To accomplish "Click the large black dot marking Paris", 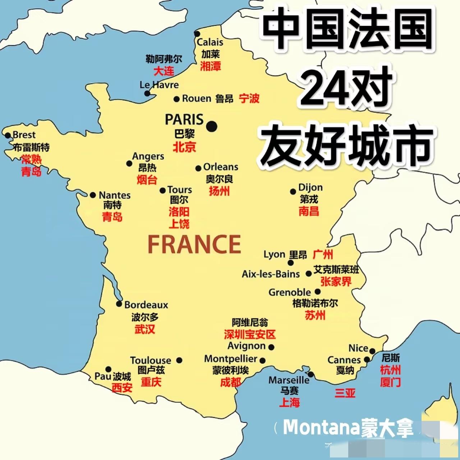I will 212,126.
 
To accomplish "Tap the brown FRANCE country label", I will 194,245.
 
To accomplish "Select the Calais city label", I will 210,42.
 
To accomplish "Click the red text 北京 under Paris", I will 184,147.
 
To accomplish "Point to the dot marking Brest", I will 8,135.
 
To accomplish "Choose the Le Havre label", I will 159,85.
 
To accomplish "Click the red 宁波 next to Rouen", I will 249,98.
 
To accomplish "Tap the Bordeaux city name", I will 146,305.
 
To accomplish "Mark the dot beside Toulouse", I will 179,360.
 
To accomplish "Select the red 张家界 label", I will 336,282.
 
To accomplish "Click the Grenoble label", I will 289,292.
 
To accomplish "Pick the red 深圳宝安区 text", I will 249,334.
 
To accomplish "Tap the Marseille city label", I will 289,380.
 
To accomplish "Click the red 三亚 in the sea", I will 345,393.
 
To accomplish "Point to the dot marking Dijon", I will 293,192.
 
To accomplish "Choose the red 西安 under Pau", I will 122,388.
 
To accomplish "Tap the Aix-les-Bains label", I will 271,274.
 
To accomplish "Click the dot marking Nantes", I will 93,195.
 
